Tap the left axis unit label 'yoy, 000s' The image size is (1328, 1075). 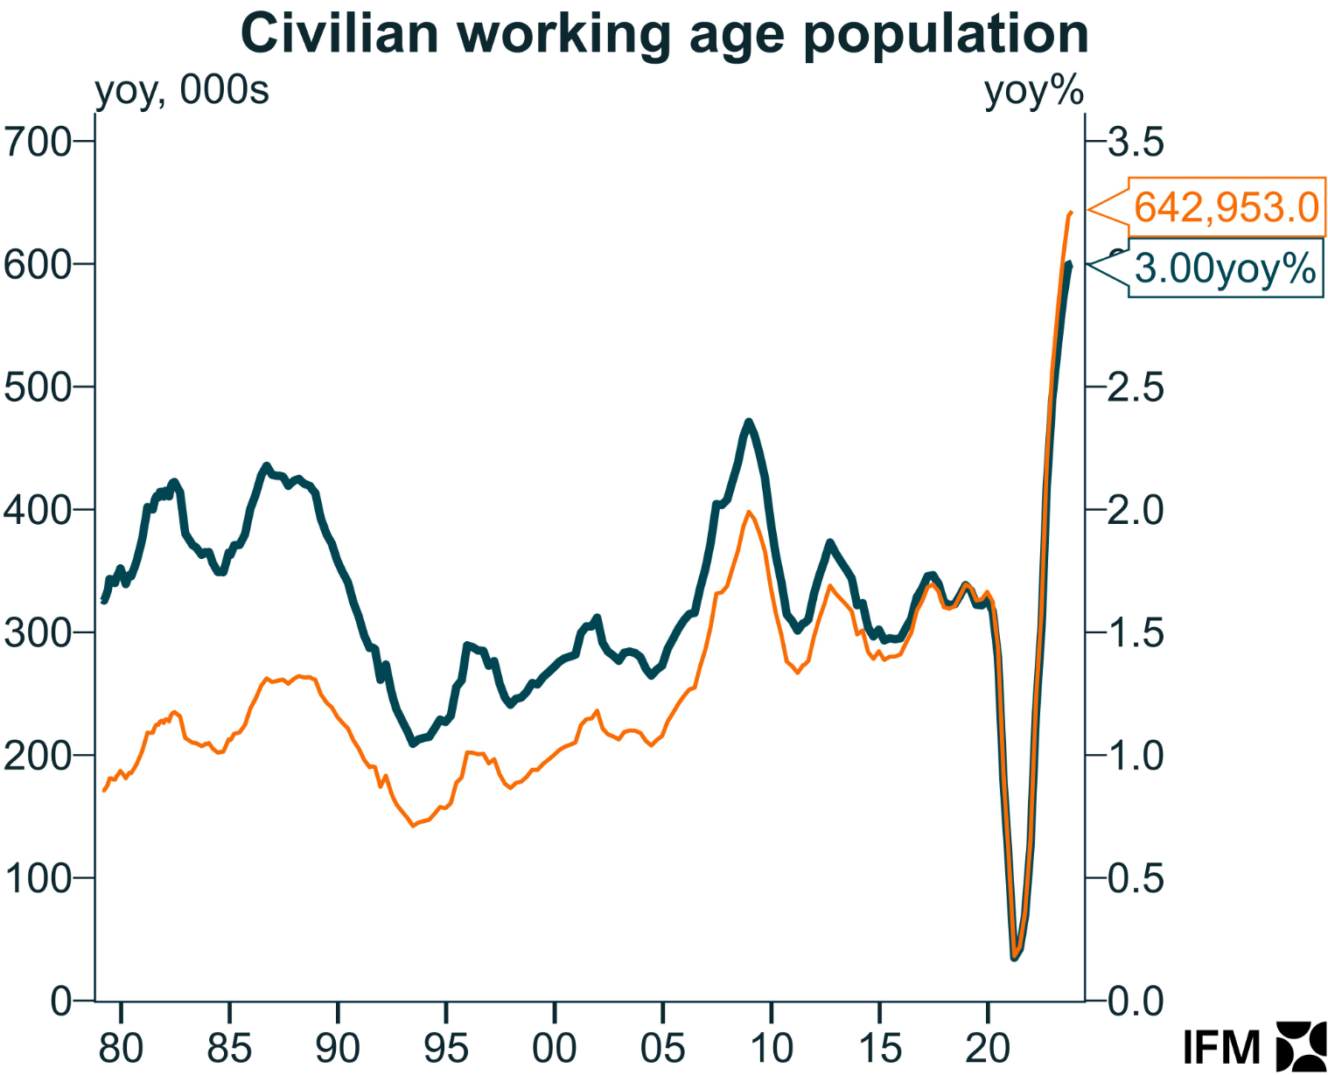point(182,90)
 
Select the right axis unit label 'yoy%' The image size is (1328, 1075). point(1034,90)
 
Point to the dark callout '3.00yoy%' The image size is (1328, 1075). point(1225,269)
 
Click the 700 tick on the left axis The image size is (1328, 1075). point(38,142)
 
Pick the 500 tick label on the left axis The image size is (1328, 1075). point(38,387)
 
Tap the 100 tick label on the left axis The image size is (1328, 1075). point(38,878)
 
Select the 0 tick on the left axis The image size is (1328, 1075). point(61,1002)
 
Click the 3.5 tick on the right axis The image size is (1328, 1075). point(1136,142)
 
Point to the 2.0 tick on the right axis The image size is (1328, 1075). point(1136,510)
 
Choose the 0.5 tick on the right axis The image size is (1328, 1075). point(1136,878)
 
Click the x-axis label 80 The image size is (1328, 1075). point(121,1047)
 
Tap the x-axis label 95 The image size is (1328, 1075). point(446,1047)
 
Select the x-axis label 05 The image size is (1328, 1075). point(663,1047)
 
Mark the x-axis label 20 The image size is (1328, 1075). point(988,1047)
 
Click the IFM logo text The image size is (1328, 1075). point(1221,1047)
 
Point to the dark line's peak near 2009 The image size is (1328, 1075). point(749,422)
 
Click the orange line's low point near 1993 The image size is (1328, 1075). point(414,825)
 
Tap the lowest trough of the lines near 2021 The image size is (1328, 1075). point(1015,958)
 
